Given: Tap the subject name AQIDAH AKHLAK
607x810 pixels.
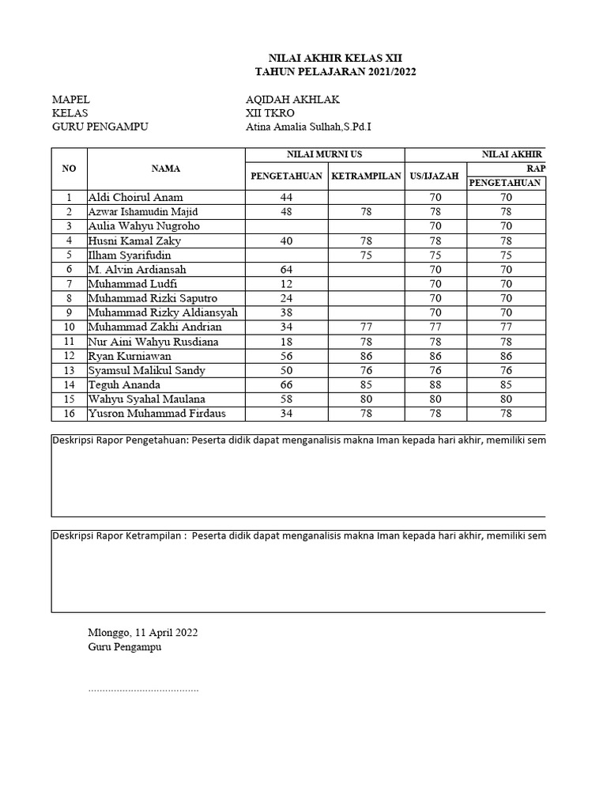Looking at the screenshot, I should pyautogui.click(x=293, y=100).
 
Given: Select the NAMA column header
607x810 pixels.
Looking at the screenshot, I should pyautogui.click(x=166, y=168).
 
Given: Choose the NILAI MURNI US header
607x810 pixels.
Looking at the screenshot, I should pyautogui.click(x=325, y=154).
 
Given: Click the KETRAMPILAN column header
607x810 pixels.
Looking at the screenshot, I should pyautogui.click(x=365, y=176).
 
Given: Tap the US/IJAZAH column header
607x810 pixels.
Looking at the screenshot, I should pyautogui.click(x=435, y=176).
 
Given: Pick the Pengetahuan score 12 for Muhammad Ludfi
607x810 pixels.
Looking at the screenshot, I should pyautogui.click(x=285, y=284).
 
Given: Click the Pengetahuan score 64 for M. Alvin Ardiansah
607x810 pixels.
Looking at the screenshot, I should pyautogui.click(x=285, y=270).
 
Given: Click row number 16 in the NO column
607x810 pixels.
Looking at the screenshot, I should pyautogui.click(x=69, y=414).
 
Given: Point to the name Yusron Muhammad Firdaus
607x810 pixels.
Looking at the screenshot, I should pyautogui.click(x=156, y=414).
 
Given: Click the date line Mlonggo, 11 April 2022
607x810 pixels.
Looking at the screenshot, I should pyautogui.click(x=142, y=632).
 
